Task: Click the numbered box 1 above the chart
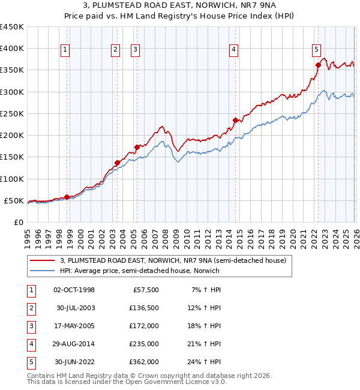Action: tap(64, 50)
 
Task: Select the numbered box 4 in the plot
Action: tap(233, 50)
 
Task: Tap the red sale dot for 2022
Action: tap(317, 65)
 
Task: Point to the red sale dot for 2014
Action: tap(235, 120)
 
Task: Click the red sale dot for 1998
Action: tap(67, 197)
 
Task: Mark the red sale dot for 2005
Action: tap(137, 147)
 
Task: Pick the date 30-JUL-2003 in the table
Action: tap(74, 308)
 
